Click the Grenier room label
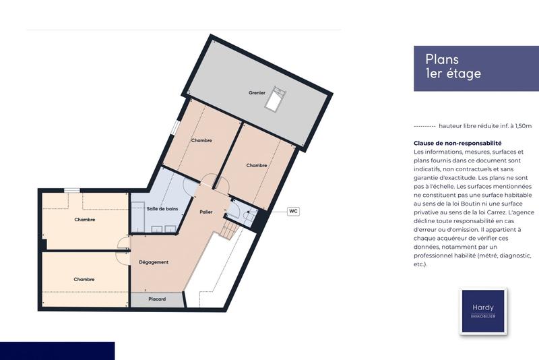pyautogui.click(x=256, y=92)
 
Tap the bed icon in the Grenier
pyautogui.click(x=275, y=102)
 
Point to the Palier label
pyautogui.click(x=206, y=212)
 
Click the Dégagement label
pyautogui.click(x=154, y=262)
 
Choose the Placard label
pyautogui.click(x=157, y=299)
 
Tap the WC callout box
pyautogui.click(x=293, y=211)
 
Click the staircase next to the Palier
pyautogui.click(x=230, y=230)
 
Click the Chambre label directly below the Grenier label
pyautogui.click(x=201, y=141)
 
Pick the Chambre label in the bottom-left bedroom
pyautogui.click(x=84, y=279)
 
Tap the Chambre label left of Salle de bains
pyautogui.click(x=84, y=219)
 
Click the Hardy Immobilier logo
pyautogui.click(x=482, y=311)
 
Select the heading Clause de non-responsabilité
pyautogui.click(x=457, y=144)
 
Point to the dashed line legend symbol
pyautogui.click(x=424, y=126)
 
